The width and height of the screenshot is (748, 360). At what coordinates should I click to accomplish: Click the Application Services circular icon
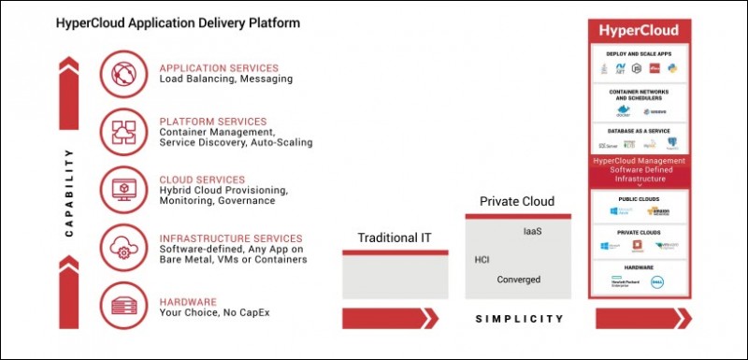click(125, 74)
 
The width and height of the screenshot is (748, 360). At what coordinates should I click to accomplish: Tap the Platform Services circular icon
click(125, 131)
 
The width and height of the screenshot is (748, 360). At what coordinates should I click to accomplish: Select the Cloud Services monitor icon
click(125, 188)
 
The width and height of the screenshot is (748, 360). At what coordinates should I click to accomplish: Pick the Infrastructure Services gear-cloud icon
click(125, 247)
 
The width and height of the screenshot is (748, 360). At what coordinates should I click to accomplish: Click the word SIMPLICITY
click(520, 319)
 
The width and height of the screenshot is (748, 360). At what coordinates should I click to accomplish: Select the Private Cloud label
click(517, 201)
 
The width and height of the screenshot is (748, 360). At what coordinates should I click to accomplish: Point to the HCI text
click(483, 259)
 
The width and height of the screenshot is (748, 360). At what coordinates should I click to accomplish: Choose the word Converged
click(518, 280)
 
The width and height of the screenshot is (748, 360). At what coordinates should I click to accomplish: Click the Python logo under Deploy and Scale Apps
click(673, 68)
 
